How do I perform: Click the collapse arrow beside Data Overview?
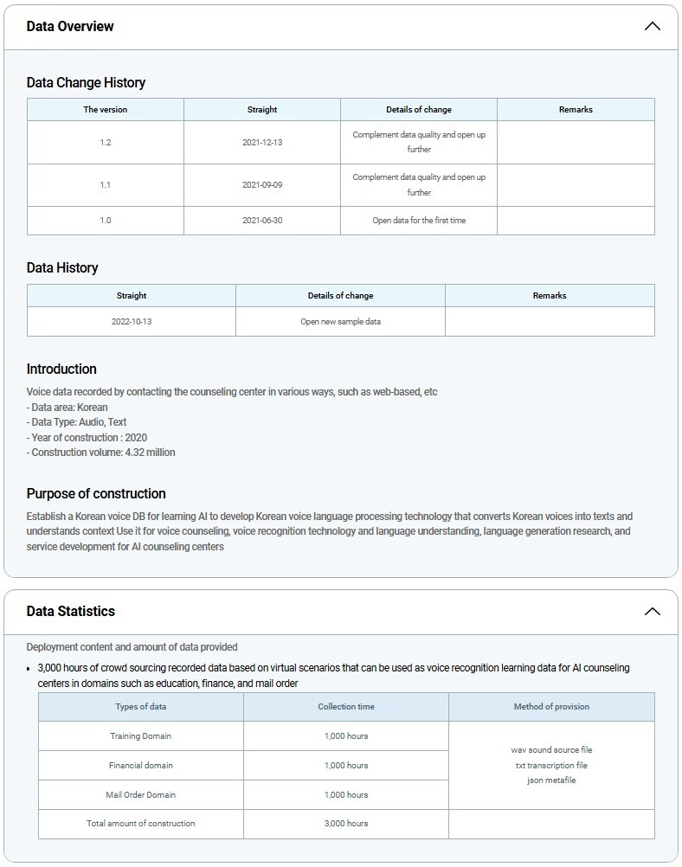tap(652, 26)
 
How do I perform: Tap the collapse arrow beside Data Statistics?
tap(652, 611)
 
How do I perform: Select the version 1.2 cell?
tap(106, 142)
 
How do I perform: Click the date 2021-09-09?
tap(262, 185)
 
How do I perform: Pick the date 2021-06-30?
tap(262, 221)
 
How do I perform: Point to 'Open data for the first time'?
tap(419, 221)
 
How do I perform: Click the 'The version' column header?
tap(106, 110)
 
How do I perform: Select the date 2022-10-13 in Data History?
tap(132, 321)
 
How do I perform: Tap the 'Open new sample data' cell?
tap(340, 321)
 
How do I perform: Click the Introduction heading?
tap(61, 369)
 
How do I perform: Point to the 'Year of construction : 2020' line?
tap(87, 437)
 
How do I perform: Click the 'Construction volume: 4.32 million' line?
tap(100, 453)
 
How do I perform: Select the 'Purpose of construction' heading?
tap(96, 493)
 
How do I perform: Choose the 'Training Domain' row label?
tap(140, 736)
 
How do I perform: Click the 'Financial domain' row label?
tap(140, 766)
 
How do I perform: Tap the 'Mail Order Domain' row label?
tap(140, 794)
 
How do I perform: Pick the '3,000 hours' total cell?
tap(346, 824)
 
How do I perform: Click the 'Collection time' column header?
tap(346, 707)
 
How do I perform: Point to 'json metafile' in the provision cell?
tap(551, 780)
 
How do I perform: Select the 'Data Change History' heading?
tap(86, 83)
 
